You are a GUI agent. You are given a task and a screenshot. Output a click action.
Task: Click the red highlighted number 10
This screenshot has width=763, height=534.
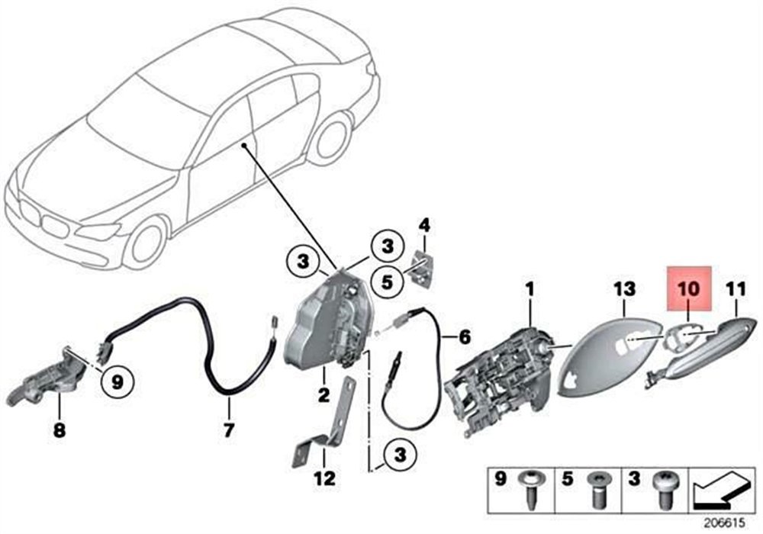point(689,289)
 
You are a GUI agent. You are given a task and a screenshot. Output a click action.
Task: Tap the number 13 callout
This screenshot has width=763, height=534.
point(624,289)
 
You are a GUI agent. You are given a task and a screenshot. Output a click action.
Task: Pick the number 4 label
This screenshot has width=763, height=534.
point(424,225)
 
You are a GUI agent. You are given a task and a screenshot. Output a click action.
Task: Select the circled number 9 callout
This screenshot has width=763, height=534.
point(117,379)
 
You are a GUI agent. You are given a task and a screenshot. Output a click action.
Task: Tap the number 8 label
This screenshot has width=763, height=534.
point(60,432)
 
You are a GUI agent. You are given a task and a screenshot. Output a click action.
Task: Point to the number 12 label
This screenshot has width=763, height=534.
point(324,479)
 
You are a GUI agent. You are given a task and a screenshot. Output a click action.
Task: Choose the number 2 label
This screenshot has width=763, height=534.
point(324,395)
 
